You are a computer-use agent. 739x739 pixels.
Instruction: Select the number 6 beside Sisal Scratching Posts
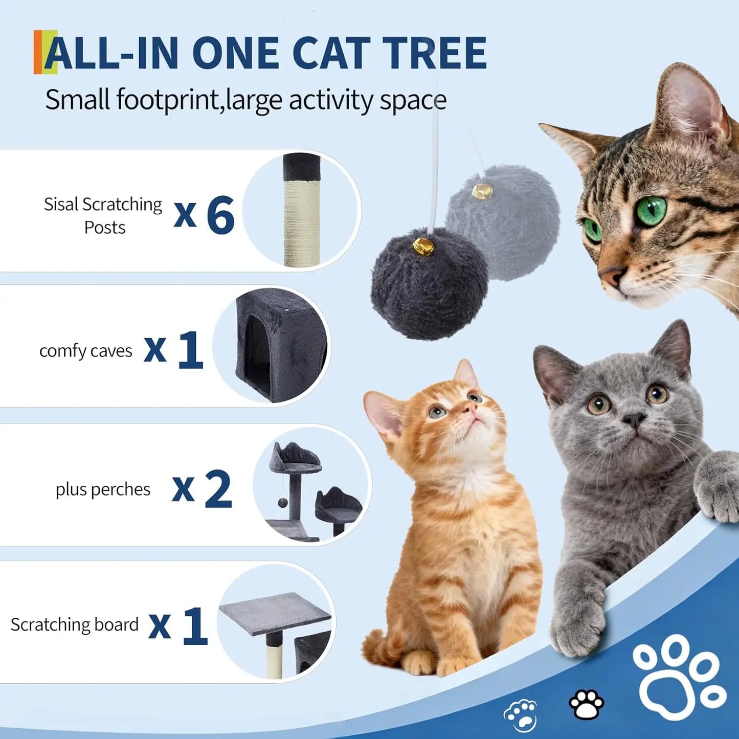point(220,215)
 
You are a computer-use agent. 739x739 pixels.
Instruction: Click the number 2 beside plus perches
point(218,489)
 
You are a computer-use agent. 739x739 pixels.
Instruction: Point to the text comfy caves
point(85,351)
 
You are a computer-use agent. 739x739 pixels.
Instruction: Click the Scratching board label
point(75,624)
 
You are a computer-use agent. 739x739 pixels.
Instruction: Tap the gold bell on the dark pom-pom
point(424,248)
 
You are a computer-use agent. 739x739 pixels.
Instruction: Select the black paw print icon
point(587,704)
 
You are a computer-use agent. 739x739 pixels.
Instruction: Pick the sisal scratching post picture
point(302,210)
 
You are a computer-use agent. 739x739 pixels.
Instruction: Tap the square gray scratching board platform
point(274,611)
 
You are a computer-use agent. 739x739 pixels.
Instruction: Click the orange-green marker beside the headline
point(44,52)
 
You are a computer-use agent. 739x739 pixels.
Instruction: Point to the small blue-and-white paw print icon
point(520,714)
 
